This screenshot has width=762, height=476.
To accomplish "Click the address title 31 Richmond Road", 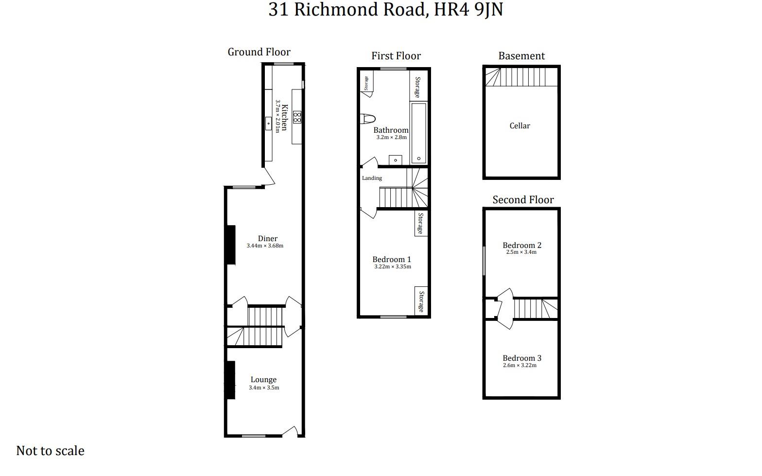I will pyautogui.click(x=385, y=10).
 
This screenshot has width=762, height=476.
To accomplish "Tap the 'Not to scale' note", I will pyautogui.click(x=50, y=451).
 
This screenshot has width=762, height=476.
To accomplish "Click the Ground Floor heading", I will pyautogui.click(x=259, y=52).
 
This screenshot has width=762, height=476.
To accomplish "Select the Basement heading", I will pyautogui.click(x=521, y=56).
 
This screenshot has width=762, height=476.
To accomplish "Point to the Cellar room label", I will pyautogui.click(x=520, y=126).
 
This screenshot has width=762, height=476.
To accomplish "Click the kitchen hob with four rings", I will pyautogui.click(x=297, y=117).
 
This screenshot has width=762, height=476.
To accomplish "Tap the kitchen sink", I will pyautogui.click(x=268, y=123).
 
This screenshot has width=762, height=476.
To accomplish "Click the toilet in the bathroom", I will pyautogui.click(x=368, y=119).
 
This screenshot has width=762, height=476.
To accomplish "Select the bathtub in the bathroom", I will pyautogui.click(x=418, y=133).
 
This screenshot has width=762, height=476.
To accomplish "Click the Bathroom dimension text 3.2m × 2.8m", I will pyautogui.click(x=391, y=138).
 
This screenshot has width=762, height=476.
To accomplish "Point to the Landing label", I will pyautogui.click(x=372, y=178).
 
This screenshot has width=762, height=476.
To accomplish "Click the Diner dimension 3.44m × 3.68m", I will pyautogui.click(x=265, y=246).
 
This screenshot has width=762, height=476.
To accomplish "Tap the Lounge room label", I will pyautogui.click(x=263, y=380).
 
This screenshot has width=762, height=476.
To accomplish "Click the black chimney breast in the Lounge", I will pyautogui.click(x=230, y=380).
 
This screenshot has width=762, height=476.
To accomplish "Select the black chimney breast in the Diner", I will pyautogui.click(x=230, y=245).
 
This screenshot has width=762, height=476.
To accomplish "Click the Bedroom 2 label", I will pyautogui.click(x=521, y=245).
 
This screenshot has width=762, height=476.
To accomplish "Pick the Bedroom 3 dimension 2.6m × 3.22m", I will pyautogui.click(x=520, y=366).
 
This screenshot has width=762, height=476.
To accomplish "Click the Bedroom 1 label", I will pyautogui.click(x=392, y=259).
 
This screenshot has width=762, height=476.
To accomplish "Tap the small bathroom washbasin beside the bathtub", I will pyautogui.click(x=395, y=160).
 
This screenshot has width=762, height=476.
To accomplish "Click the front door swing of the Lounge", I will pyautogui.click(x=290, y=431).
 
